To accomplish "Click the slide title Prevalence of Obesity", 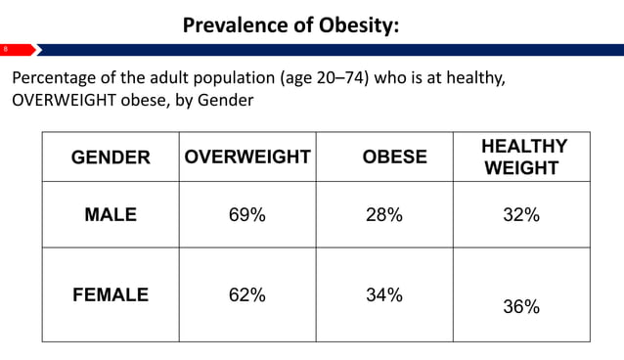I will coord(290,25).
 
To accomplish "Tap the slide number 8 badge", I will coord(5,49).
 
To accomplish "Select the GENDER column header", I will coord(111,157).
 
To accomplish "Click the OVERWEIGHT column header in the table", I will coord(247,157).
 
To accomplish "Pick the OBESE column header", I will coord(394,157).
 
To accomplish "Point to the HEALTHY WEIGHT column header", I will coord(523,157).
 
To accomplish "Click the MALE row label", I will coord(111,216).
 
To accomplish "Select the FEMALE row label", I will coord(111,294).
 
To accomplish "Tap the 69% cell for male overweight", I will coord(246,216).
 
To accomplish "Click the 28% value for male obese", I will coord(383,216).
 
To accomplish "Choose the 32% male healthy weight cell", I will coord(521,216).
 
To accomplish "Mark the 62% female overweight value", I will coord(246,294).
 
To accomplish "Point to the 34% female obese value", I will coord(383,294).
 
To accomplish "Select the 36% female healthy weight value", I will coord(521,306).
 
